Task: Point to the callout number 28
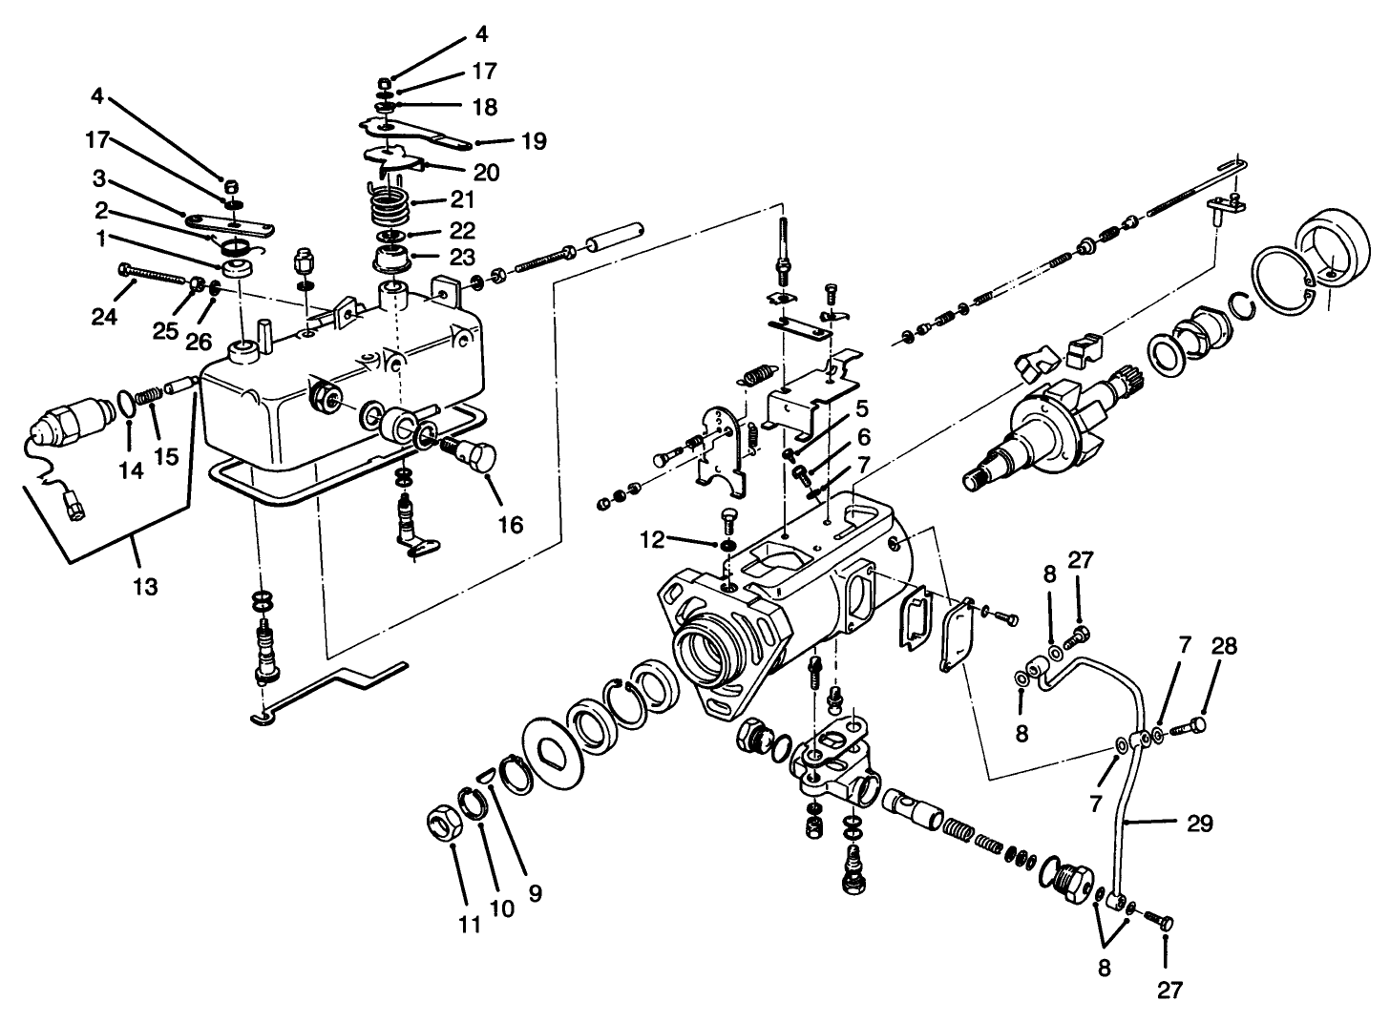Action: [x=1225, y=647]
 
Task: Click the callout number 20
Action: [x=486, y=173]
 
